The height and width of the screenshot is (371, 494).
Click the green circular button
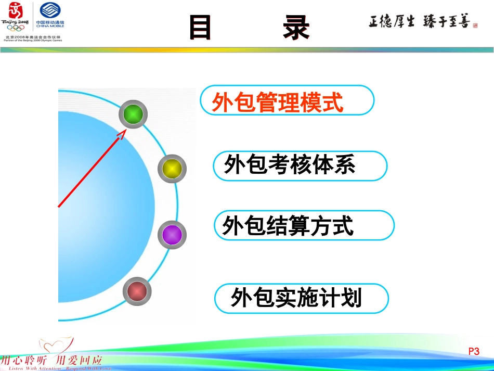(133, 114)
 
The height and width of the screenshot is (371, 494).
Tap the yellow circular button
(172, 169)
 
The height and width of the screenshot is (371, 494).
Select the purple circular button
(172, 235)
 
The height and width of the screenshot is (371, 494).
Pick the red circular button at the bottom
(137, 291)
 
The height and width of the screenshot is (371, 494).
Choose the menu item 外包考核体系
(290, 165)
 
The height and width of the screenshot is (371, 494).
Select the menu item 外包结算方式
(288, 226)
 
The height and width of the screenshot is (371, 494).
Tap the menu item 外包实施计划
(296, 299)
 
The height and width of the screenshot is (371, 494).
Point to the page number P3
(474, 352)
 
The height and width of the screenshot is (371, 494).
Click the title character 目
(200, 28)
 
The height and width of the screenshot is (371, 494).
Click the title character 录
(296, 28)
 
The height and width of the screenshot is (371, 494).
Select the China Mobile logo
(50, 16)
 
